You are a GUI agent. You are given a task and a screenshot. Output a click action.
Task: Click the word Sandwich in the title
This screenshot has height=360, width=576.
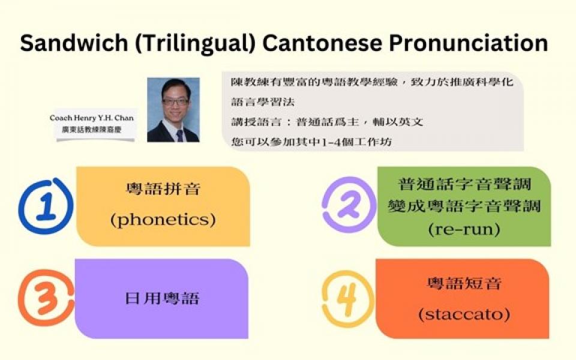coord(74,43)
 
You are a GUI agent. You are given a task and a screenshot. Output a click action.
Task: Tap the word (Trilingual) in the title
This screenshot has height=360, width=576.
coord(195,44)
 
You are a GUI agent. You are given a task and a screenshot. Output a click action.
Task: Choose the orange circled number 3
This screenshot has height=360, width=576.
coord(46,298)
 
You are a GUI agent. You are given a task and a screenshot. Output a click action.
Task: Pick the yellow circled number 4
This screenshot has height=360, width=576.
coord(347,299)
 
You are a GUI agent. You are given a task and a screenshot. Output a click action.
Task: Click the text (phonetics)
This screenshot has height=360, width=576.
coord(163,220)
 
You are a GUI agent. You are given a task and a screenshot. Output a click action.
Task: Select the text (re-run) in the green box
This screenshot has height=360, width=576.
coord(464,230)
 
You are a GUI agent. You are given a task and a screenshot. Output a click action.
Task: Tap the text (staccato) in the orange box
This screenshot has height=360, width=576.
coord(464,314)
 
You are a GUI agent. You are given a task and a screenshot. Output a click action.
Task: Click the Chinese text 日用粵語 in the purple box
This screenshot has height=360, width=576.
coord(162,298)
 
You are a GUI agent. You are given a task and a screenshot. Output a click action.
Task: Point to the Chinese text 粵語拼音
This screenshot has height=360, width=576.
coord(163,189)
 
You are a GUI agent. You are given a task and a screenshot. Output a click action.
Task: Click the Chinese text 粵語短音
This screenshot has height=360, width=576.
coord(464,283)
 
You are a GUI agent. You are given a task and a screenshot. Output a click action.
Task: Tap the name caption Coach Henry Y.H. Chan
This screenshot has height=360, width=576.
coord(92,118)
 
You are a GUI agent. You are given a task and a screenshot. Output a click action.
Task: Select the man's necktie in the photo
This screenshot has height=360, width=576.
coord(179,135)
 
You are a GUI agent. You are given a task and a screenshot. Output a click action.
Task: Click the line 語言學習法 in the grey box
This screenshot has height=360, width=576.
coord(263,102)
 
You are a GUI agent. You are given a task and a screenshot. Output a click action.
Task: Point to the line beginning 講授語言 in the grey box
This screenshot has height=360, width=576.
coord(327,122)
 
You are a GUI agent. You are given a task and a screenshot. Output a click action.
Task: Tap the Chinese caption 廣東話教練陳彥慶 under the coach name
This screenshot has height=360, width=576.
coord(91,130)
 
